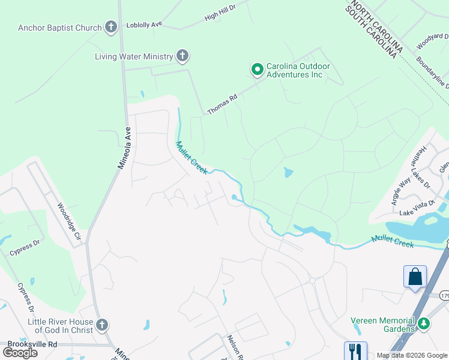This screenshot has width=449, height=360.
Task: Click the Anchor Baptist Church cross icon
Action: pos(110,27)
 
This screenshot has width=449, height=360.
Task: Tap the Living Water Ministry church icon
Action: pos(182,57)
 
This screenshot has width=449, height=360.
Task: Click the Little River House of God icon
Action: pos(102,326)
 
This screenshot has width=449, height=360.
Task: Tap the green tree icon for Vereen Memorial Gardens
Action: pos(424,324)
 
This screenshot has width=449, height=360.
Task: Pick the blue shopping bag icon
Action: pos(415,277)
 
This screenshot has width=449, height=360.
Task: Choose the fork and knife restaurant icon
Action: pos(355,350)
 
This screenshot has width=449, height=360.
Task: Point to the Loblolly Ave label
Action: pos(145,25)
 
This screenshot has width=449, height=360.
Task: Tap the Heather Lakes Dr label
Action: pos(420,167)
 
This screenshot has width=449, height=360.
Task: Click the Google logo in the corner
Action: pos(20,352)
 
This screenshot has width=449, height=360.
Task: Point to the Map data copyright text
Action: pos(411,355)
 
